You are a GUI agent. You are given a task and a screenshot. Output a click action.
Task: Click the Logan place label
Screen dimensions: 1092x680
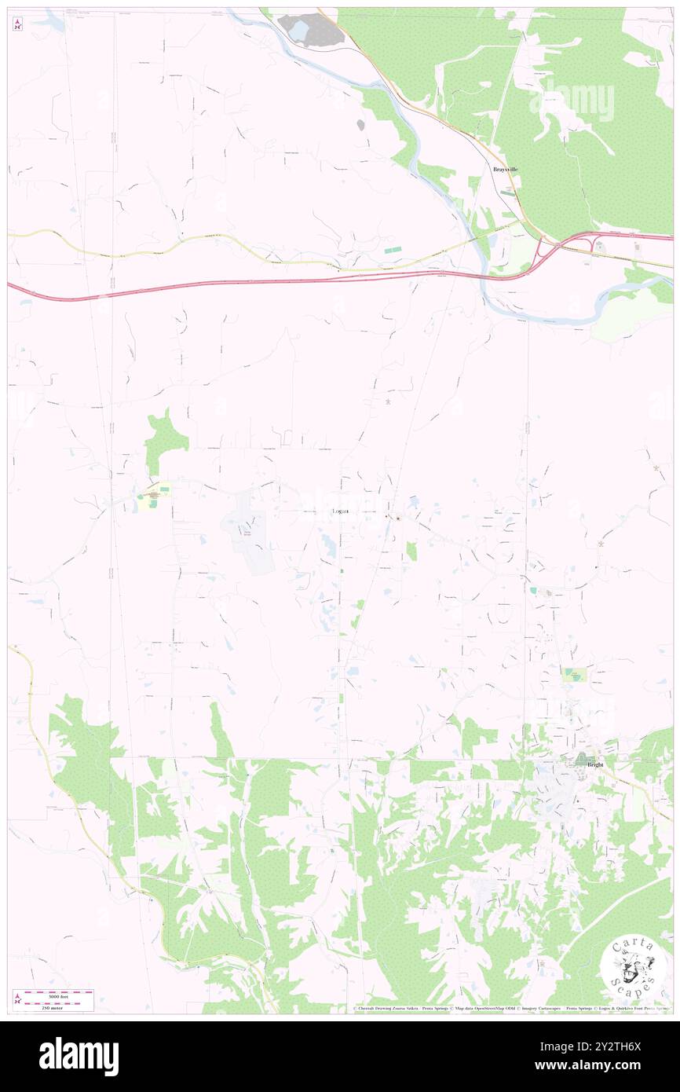point(339,511)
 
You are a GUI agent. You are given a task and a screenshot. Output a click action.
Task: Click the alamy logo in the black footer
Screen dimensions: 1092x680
point(79,1057)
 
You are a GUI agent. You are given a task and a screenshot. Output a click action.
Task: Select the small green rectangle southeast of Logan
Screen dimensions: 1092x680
point(411,551)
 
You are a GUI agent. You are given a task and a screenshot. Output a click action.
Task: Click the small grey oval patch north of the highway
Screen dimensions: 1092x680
point(360,124)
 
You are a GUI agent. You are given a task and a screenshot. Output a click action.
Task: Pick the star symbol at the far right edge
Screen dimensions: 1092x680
point(656,467)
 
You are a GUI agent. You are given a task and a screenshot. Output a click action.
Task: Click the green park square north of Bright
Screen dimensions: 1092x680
point(575,674)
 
